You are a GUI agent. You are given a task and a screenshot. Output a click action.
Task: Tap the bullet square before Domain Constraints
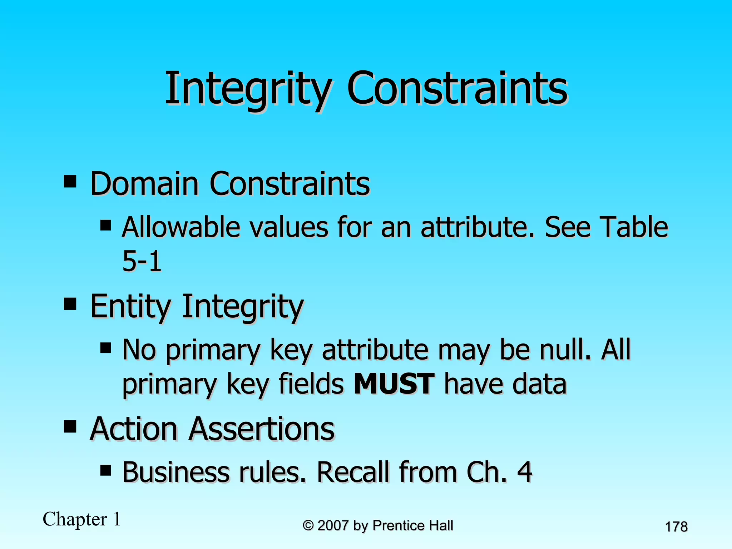(x=70, y=181)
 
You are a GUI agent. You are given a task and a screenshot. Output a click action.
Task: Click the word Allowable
(x=180, y=227)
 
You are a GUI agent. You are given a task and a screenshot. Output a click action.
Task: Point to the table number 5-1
(x=142, y=261)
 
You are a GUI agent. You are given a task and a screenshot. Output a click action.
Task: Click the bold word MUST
(x=394, y=384)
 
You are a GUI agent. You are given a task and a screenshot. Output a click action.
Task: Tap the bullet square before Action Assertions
(x=70, y=426)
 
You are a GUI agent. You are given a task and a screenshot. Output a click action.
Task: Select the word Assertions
(x=261, y=429)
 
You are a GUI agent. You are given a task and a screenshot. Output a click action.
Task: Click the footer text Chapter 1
(x=82, y=519)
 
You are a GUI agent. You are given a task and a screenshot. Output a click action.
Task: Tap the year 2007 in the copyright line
(x=333, y=526)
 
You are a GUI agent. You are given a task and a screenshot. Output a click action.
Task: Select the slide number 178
(x=676, y=527)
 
